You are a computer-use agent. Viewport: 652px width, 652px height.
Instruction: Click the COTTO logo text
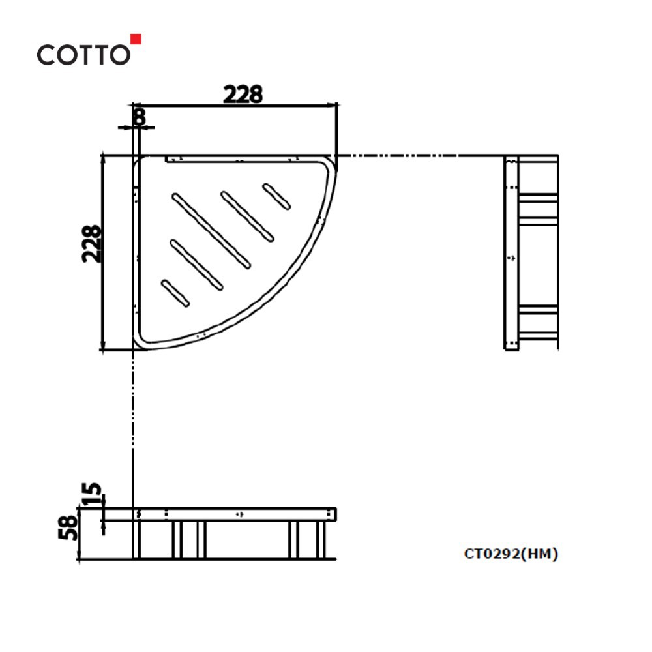pyautogui.click(x=83, y=55)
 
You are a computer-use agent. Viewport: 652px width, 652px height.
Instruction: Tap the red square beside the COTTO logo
pyautogui.click(x=136, y=38)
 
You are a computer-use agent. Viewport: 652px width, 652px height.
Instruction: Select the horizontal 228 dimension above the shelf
pyautogui.click(x=243, y=95)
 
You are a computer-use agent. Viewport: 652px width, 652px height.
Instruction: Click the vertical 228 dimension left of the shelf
pyautogui.click(x=91, y=244)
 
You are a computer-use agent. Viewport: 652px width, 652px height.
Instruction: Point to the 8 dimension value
pyautogui.click(x=140, y=117)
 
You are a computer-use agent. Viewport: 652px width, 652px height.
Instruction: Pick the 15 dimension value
pyautogui.click(x=91, y=494)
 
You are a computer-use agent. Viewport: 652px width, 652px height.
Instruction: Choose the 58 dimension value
pyautogui.click(x=68, y=527)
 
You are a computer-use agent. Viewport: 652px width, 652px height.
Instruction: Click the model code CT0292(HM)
pyautogui.click(x=511, y=554)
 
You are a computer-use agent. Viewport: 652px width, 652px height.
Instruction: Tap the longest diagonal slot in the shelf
pyautogui.click(x=211, y=231)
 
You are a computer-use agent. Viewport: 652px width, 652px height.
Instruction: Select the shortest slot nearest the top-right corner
pyautogui.click(x=276, y=196)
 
